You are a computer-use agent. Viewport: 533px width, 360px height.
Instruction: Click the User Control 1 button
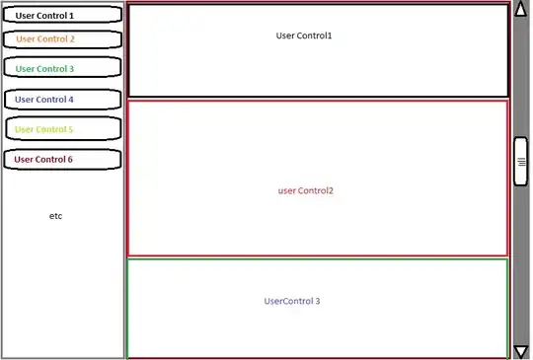point(62,15)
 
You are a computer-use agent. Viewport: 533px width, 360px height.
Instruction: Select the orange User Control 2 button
point(62,39)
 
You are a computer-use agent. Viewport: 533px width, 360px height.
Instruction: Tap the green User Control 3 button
point(62,67)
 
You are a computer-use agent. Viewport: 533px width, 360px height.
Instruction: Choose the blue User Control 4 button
point(63,100)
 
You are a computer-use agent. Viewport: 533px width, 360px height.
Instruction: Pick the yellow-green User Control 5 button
point(63,129)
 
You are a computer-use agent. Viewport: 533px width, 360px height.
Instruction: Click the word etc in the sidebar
point(55,216)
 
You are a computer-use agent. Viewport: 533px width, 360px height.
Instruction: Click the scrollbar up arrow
point(521,9)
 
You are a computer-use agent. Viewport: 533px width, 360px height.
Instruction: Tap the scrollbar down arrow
point(521,352)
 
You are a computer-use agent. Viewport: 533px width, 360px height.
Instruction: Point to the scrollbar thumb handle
point(521,162)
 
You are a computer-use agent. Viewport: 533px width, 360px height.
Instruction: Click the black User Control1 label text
point(304,36)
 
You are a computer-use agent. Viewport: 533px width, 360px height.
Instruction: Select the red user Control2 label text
point(306,191)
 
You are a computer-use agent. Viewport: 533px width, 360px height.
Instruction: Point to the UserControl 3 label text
point(292,301)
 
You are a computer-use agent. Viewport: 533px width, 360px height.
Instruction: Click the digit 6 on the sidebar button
point(70,159)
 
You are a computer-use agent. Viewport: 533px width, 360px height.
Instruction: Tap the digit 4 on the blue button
point(71,100)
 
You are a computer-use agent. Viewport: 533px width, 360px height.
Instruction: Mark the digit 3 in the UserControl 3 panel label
point(318,301)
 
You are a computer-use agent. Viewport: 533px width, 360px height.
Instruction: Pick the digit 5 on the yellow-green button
point(70,129)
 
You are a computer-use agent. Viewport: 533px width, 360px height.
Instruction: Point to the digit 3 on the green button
point(71,69)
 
